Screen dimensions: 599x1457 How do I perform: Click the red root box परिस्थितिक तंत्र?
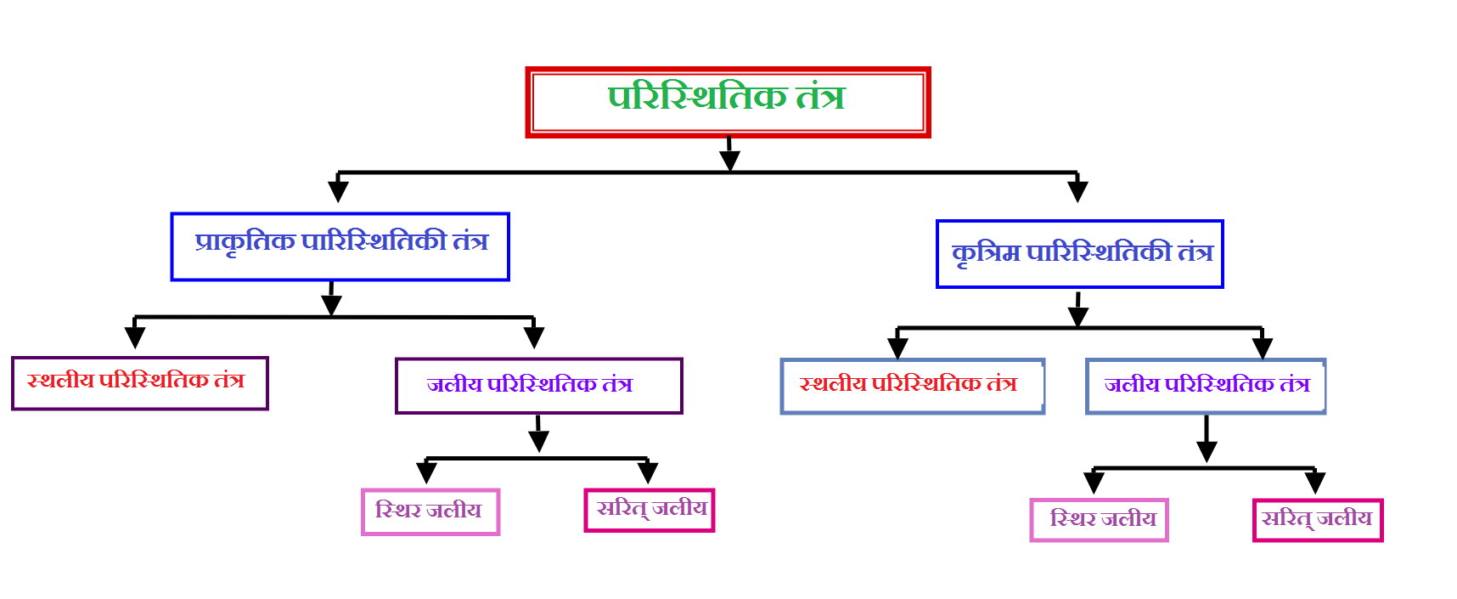(728, 102)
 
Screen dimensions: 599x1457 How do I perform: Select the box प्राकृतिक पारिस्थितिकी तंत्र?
(340, 246)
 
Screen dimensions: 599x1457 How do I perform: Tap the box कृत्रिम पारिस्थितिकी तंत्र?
(1079, 254)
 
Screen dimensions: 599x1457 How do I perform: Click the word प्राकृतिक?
(245, 242)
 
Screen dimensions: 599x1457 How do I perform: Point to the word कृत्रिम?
(985, 253)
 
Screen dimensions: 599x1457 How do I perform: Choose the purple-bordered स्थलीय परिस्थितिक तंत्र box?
(140, 383)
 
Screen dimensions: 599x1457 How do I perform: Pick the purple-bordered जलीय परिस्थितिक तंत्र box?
(539, 386)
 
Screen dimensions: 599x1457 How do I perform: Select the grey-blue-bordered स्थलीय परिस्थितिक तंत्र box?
(912, 387)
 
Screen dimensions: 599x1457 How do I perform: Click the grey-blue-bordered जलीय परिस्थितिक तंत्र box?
(1206, 387)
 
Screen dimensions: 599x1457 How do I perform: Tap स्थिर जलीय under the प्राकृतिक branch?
(430, 511)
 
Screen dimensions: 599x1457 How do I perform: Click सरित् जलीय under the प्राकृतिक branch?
(650, 510)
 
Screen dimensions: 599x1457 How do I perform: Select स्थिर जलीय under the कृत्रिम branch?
(1100, 520)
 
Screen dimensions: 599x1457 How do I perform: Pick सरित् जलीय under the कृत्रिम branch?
(1318, 520)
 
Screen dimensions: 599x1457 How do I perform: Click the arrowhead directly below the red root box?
(729, 160)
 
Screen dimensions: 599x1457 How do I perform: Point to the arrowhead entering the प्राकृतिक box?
(338, 190)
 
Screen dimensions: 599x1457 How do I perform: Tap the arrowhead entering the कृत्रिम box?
(1077, 190)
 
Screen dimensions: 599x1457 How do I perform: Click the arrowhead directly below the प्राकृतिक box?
(332, 304)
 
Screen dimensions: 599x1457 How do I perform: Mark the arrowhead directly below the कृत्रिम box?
(1078, 315)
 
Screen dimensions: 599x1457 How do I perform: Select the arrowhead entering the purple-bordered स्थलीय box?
(135, 336)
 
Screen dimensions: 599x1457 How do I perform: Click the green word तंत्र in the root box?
(820, 97)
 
